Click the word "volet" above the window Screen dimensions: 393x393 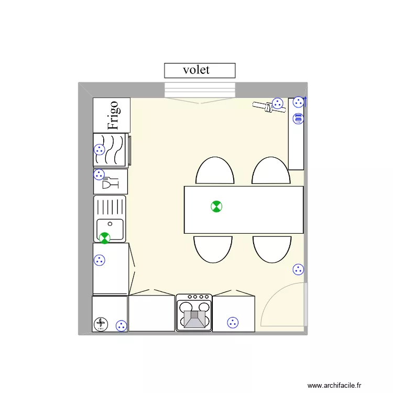pos(196,70)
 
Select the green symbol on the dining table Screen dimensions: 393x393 pos(216,206)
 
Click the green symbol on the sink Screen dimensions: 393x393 pos(105,238)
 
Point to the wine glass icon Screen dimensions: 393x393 pos(110,183)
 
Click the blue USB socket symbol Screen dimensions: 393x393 pos(298,119)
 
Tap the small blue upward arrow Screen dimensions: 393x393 pos(305,101)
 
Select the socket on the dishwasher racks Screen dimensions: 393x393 pos(99,149)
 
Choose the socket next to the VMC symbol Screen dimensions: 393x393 pos(121,325)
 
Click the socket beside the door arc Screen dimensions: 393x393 pos(298,269)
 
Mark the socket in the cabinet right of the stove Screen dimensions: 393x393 pos(233,323)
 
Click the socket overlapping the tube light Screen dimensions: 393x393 pos(277,103)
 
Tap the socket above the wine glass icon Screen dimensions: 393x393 pos(99,174)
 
